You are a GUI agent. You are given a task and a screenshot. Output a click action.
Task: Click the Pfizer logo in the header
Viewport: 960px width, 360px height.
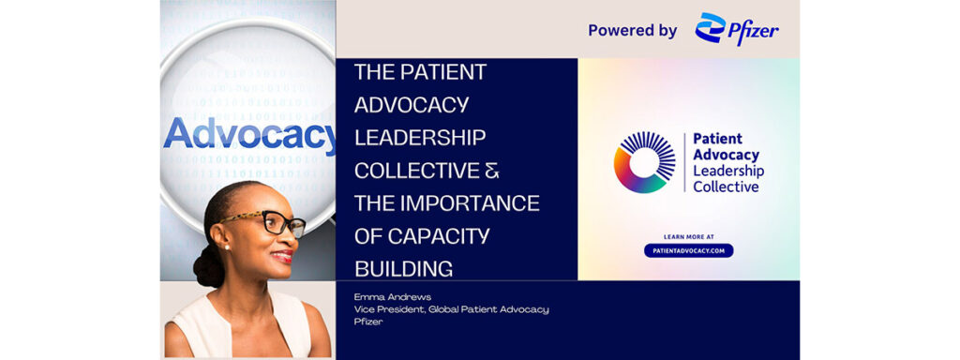pos(737,29)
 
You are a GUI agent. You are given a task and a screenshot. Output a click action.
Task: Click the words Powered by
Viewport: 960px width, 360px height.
pos(632,30)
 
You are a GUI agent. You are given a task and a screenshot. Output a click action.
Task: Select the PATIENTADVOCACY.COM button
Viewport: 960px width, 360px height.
pos(688,250)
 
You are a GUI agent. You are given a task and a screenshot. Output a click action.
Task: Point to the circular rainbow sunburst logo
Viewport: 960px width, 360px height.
pos(644,162)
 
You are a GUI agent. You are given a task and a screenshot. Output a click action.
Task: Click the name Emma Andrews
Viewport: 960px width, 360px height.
pos(386,296)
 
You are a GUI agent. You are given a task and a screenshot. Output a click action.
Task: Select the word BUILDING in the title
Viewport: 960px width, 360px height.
pos(403,268)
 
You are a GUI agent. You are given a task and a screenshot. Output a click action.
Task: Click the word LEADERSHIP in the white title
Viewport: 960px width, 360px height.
pos(420,139)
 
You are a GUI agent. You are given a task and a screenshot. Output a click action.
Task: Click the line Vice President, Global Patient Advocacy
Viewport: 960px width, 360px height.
pos(451,309)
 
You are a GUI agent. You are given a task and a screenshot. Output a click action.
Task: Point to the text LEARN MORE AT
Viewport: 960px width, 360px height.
pos(688,236)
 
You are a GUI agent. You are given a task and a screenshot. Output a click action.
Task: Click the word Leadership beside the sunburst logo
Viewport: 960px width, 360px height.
pos(727,171)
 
